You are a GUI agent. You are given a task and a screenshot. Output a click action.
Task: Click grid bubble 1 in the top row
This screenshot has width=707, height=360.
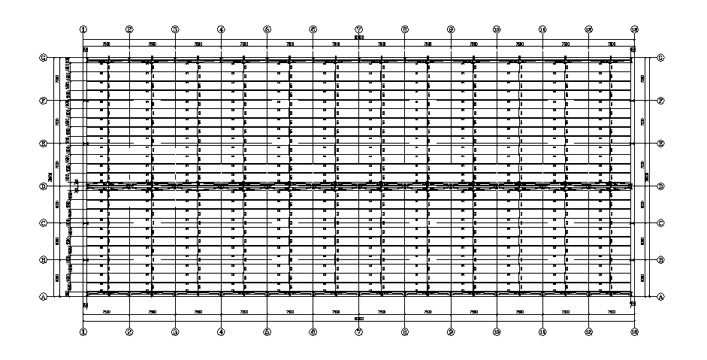pos(83,29)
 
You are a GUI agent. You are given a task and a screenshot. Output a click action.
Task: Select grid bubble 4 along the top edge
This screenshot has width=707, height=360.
pos(221,29)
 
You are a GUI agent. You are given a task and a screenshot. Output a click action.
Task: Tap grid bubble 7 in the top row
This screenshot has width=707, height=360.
pos(359,29)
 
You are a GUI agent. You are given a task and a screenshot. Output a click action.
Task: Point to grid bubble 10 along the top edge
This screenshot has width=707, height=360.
pos(497,29)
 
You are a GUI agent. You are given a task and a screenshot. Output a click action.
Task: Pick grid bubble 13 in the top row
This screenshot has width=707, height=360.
pos(634,29)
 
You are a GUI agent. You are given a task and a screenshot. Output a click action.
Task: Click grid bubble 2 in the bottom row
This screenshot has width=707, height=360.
pos(129,331)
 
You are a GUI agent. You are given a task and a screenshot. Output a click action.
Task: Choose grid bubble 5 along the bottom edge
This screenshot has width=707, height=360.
pos(267,331)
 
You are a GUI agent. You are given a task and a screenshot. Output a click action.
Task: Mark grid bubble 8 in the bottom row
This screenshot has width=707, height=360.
pos(405,331)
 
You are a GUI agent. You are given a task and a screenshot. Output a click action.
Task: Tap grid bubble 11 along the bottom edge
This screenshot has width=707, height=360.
pos(542,331)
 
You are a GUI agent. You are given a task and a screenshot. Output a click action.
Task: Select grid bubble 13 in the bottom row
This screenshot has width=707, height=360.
pos(634,331)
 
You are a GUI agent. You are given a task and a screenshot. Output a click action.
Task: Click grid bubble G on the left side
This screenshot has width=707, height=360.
pos(44,58)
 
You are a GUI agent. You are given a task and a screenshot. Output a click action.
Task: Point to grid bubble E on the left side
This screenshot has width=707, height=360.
pos(44,143)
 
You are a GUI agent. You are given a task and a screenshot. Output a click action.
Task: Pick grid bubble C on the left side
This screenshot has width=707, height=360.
pos(44,223)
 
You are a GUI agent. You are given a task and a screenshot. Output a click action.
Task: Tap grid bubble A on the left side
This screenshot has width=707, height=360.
pos(44,297)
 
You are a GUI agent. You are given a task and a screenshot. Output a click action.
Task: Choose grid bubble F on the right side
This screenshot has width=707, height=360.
pos(660,100)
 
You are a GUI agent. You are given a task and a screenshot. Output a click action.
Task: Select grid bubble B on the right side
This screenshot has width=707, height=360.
pos(660,260)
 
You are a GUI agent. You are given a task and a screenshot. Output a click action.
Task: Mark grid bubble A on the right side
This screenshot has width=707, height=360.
pos(660,297)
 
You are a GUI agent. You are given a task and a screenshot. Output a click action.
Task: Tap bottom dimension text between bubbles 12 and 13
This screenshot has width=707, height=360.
pos(611,311)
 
